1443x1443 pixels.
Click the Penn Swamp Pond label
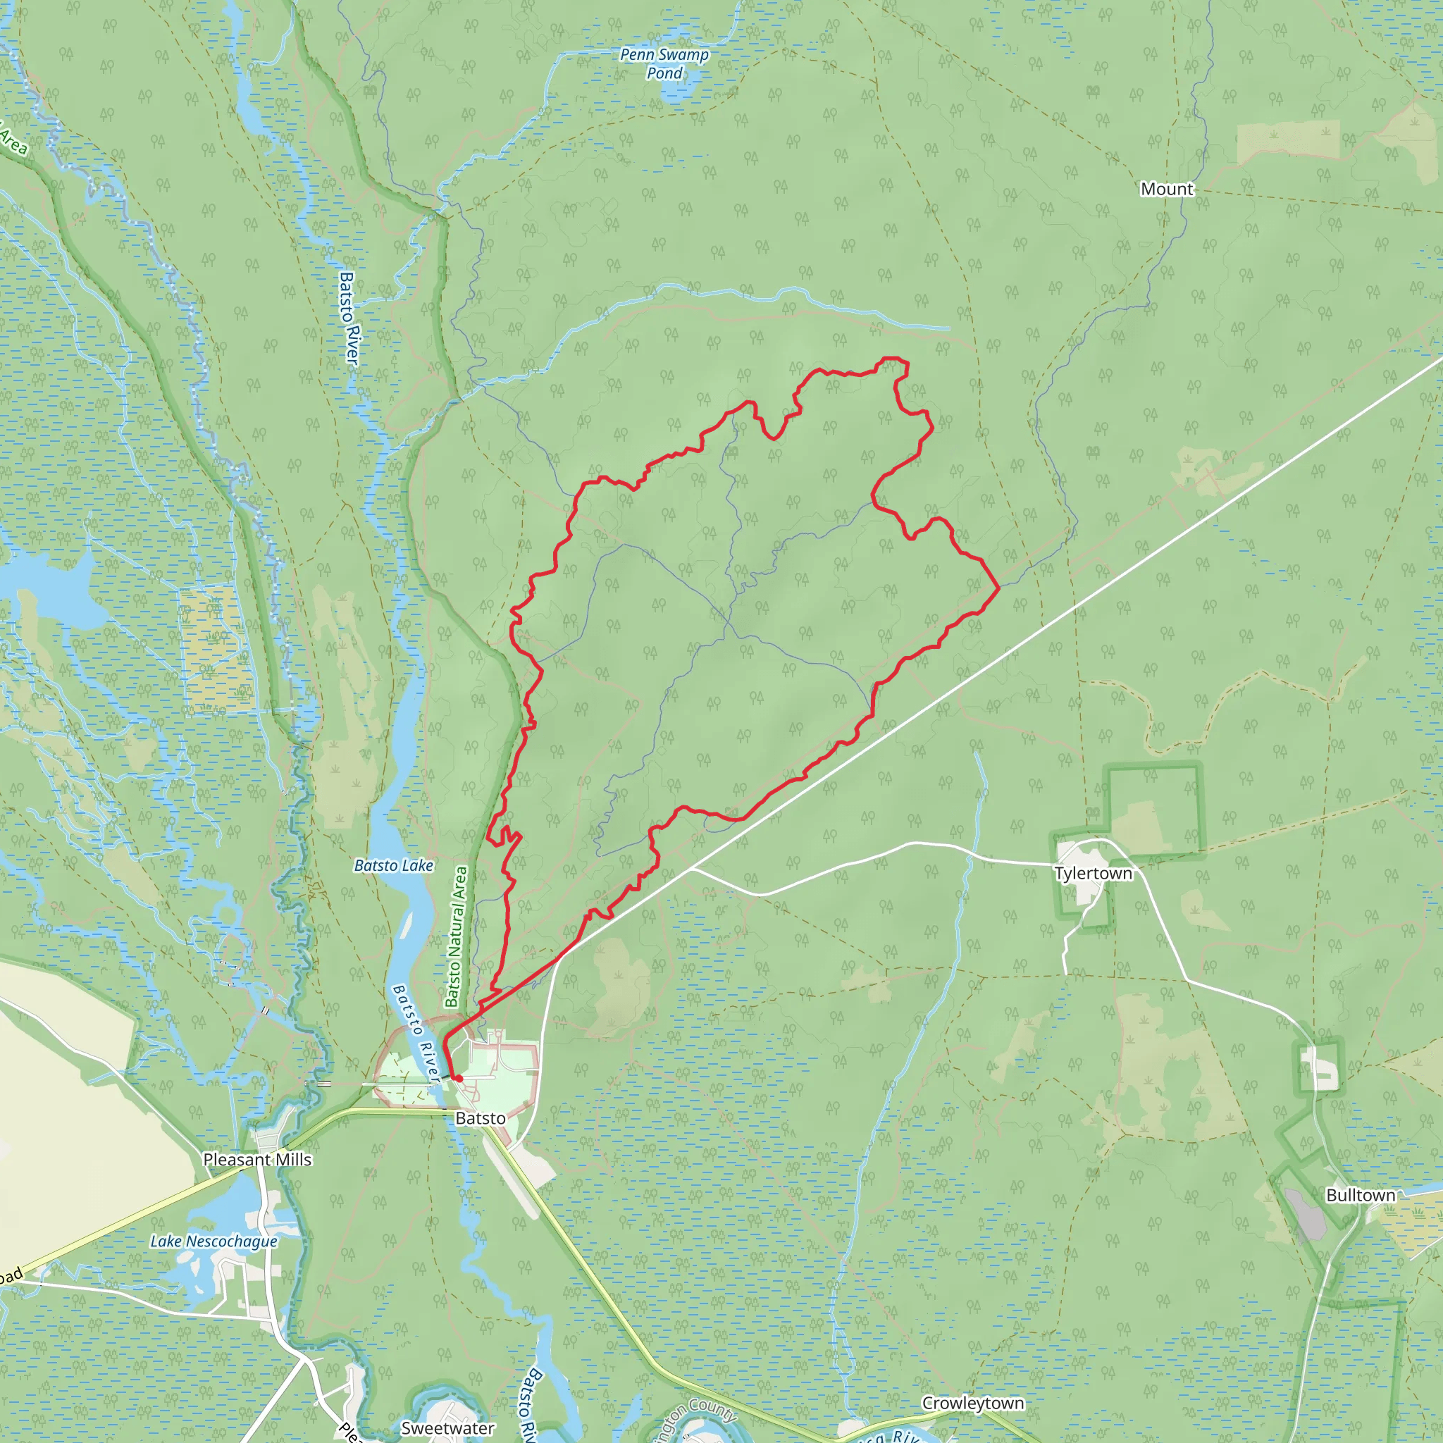[664, 63]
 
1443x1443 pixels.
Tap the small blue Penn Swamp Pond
[679, 92]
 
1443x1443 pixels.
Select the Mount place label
[1166, 189]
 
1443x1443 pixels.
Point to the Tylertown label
[1093, 873]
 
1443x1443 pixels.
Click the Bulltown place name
[1360, 1195]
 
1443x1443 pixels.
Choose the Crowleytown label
[972, 1403]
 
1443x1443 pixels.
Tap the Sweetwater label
[447, 1428]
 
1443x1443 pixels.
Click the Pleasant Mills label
[257, 1159]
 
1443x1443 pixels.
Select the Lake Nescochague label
[213, 1241]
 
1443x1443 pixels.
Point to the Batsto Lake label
[394, 866]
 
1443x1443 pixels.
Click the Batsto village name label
[481, 1118]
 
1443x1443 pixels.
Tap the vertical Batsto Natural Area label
[457, 936]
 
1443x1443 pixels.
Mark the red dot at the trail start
[459, 1079]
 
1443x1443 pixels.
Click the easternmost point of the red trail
[998, 588]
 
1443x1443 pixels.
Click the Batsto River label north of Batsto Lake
[349, 318]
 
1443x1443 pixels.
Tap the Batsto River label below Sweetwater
[529, 1404]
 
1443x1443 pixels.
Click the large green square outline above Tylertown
[1153, 808]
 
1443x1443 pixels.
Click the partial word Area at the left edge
[13, 140]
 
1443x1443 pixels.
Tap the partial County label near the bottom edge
[695, 1415]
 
